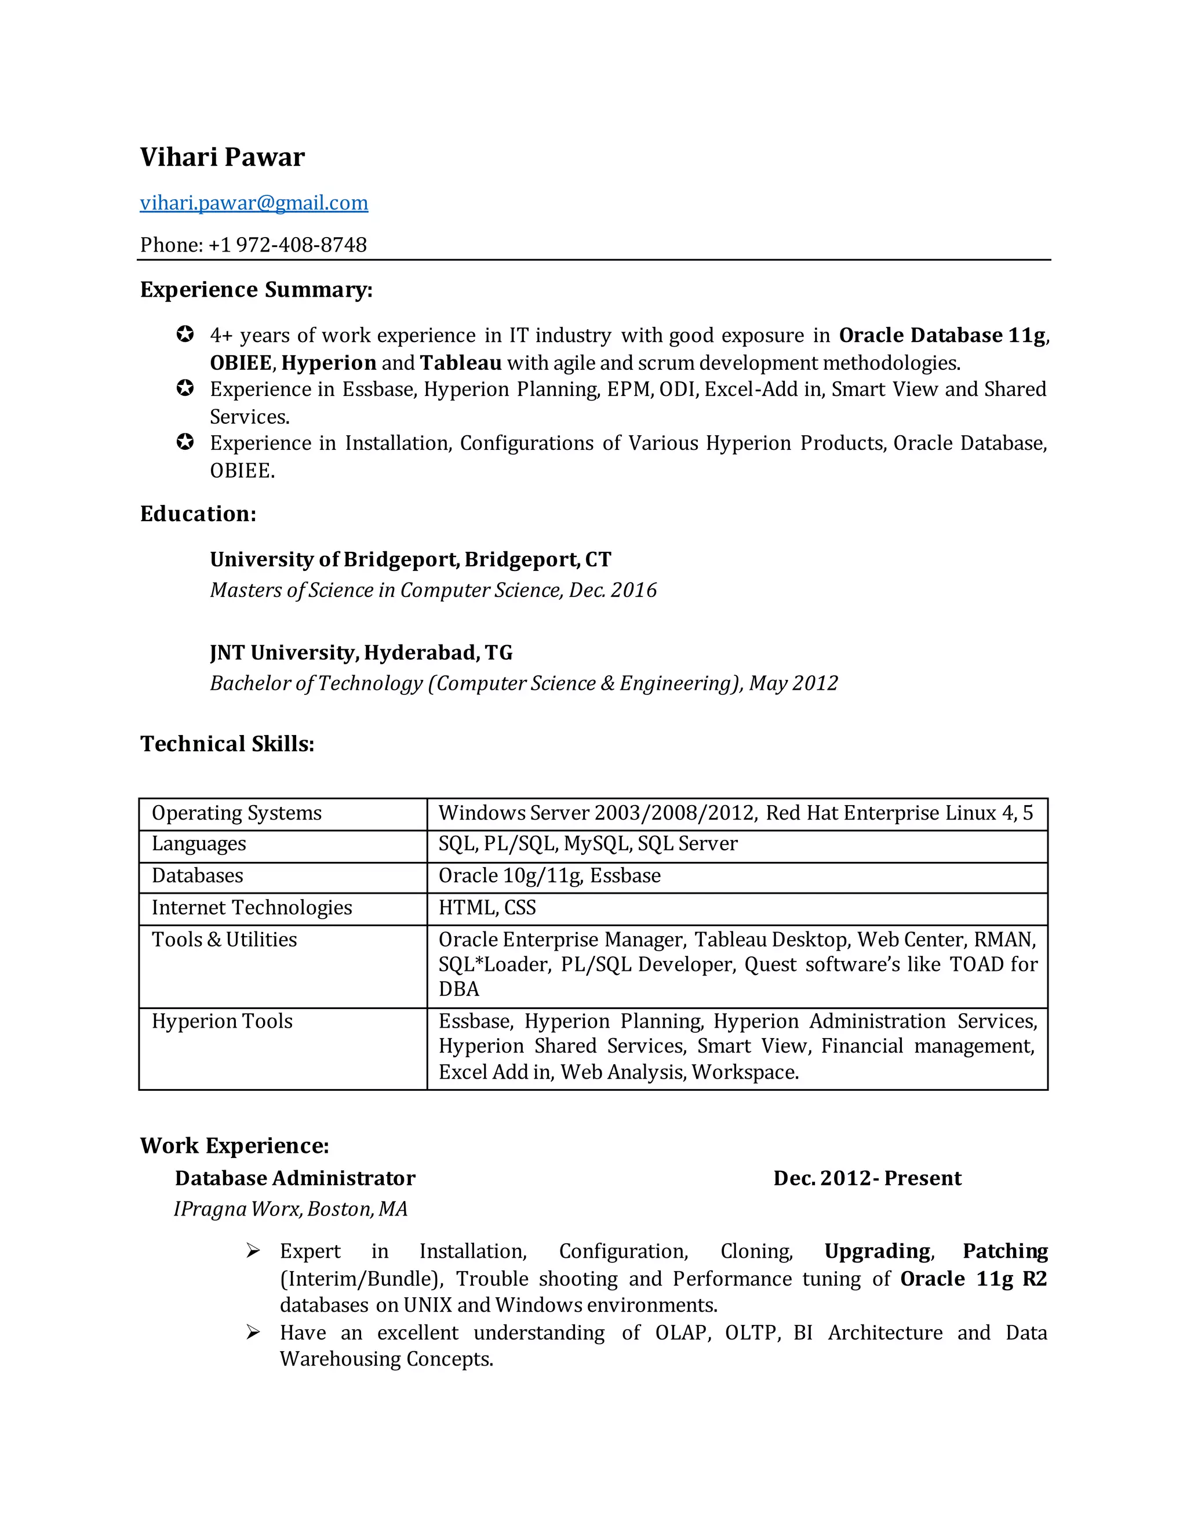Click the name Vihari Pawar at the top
pos(222,157)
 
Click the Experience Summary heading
pos(256,289)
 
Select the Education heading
pos(198,514)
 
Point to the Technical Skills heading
pos(227,744)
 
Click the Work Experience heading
pos(234,1146)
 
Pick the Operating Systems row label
pos(236,813)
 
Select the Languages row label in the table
pos(199,843)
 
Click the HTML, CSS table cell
pos(487,907)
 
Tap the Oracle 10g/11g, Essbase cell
pos(549,876)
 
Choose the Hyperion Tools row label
pos(222,1021)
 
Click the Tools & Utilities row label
pos(224,940)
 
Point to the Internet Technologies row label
pos(252,907)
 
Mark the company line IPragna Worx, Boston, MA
pos(290,1209)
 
